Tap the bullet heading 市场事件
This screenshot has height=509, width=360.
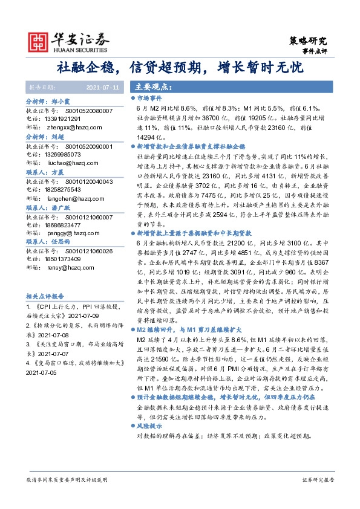coord(149,97)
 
